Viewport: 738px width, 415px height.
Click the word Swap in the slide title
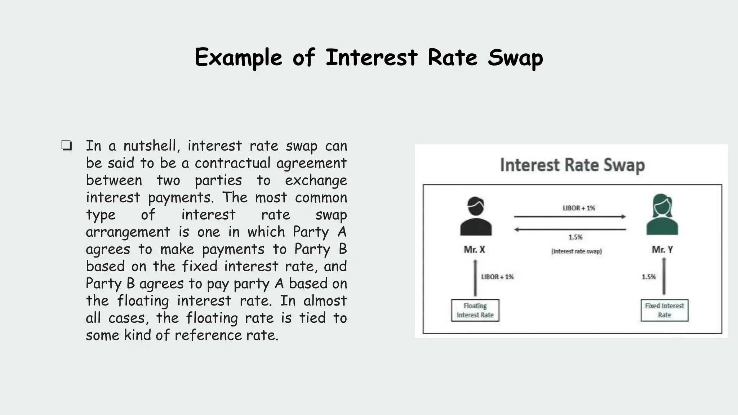515,58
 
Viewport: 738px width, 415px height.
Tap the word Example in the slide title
238,58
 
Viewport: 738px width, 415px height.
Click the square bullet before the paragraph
67,146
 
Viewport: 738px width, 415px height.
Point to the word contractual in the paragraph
232,163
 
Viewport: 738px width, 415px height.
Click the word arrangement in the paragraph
128,232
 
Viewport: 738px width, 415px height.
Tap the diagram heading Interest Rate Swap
572,165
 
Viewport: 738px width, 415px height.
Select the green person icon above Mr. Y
662,215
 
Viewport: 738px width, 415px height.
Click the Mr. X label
474,250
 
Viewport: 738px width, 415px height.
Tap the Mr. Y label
662,250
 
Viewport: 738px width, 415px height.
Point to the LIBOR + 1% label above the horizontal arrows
579,208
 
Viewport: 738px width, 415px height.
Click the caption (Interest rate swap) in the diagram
577,251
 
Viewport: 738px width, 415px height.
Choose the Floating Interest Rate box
475,310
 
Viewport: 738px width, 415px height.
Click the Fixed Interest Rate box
664,310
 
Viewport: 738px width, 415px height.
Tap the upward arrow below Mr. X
475,278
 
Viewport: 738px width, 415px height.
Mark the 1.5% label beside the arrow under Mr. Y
649,277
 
